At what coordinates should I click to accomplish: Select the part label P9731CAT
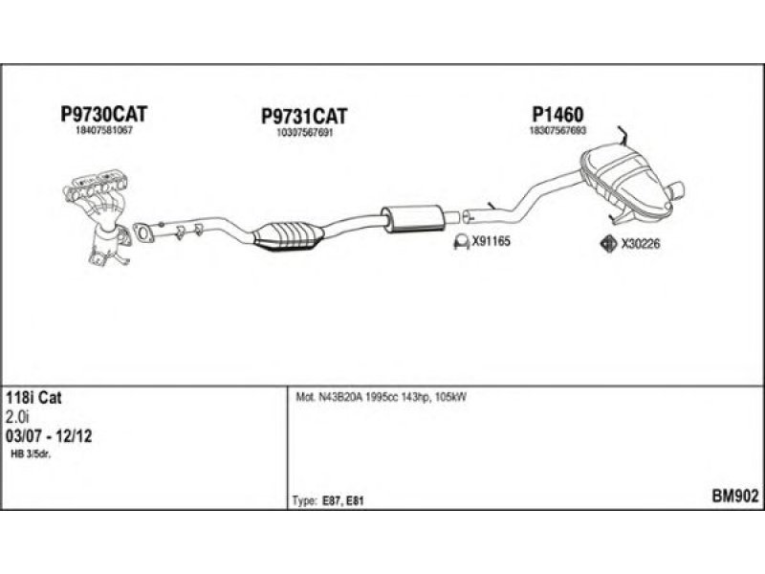click(x=303, y=116)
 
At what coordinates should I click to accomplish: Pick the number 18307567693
click(x=557, y=130)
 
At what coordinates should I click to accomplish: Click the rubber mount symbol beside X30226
click(x=605, y=244)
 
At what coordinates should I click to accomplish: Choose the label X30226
click(x=641, y=244)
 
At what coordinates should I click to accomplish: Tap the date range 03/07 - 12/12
click(x=49, y=435)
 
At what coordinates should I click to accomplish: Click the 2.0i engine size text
click(x=18, y=417)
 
